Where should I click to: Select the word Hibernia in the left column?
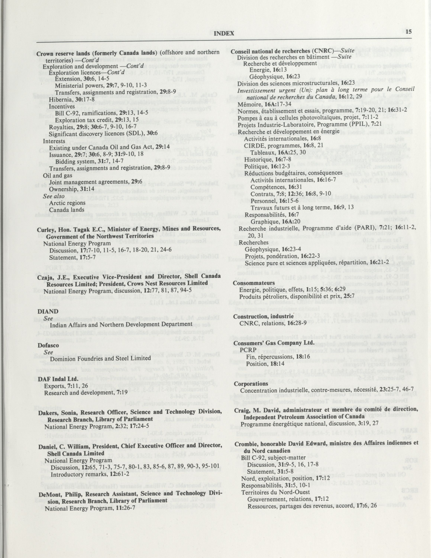[58, 99]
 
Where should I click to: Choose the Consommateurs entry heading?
[254, 283]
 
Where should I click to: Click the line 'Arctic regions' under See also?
[67, 203]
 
